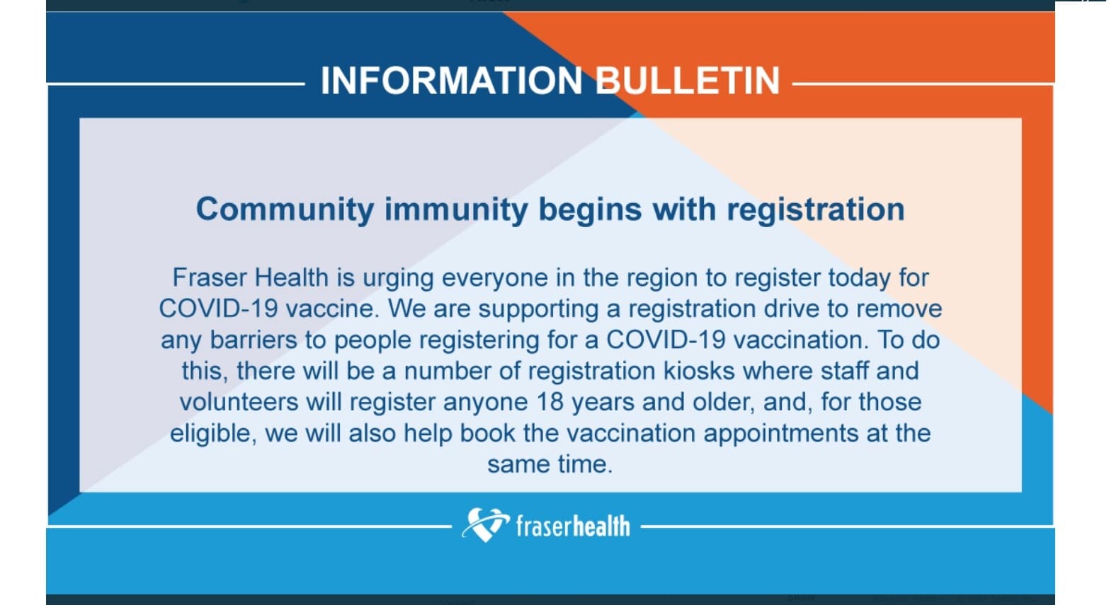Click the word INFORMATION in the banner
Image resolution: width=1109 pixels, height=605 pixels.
click(x=451, y=81)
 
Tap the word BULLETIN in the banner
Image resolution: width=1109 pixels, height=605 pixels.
click(x=687, y=81)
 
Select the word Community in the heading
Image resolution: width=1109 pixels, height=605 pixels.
click(x=285, y=210)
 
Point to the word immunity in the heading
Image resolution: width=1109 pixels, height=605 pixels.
click(x=456, y=210)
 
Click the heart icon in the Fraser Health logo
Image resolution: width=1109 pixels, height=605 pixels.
click(x=485, y=525)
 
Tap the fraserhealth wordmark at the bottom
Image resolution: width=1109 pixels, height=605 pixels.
click(x=572, y=526)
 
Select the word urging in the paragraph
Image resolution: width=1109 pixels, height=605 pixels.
click(x=398, y=278)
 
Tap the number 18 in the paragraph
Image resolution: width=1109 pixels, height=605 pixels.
click(x=550, y=403)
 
